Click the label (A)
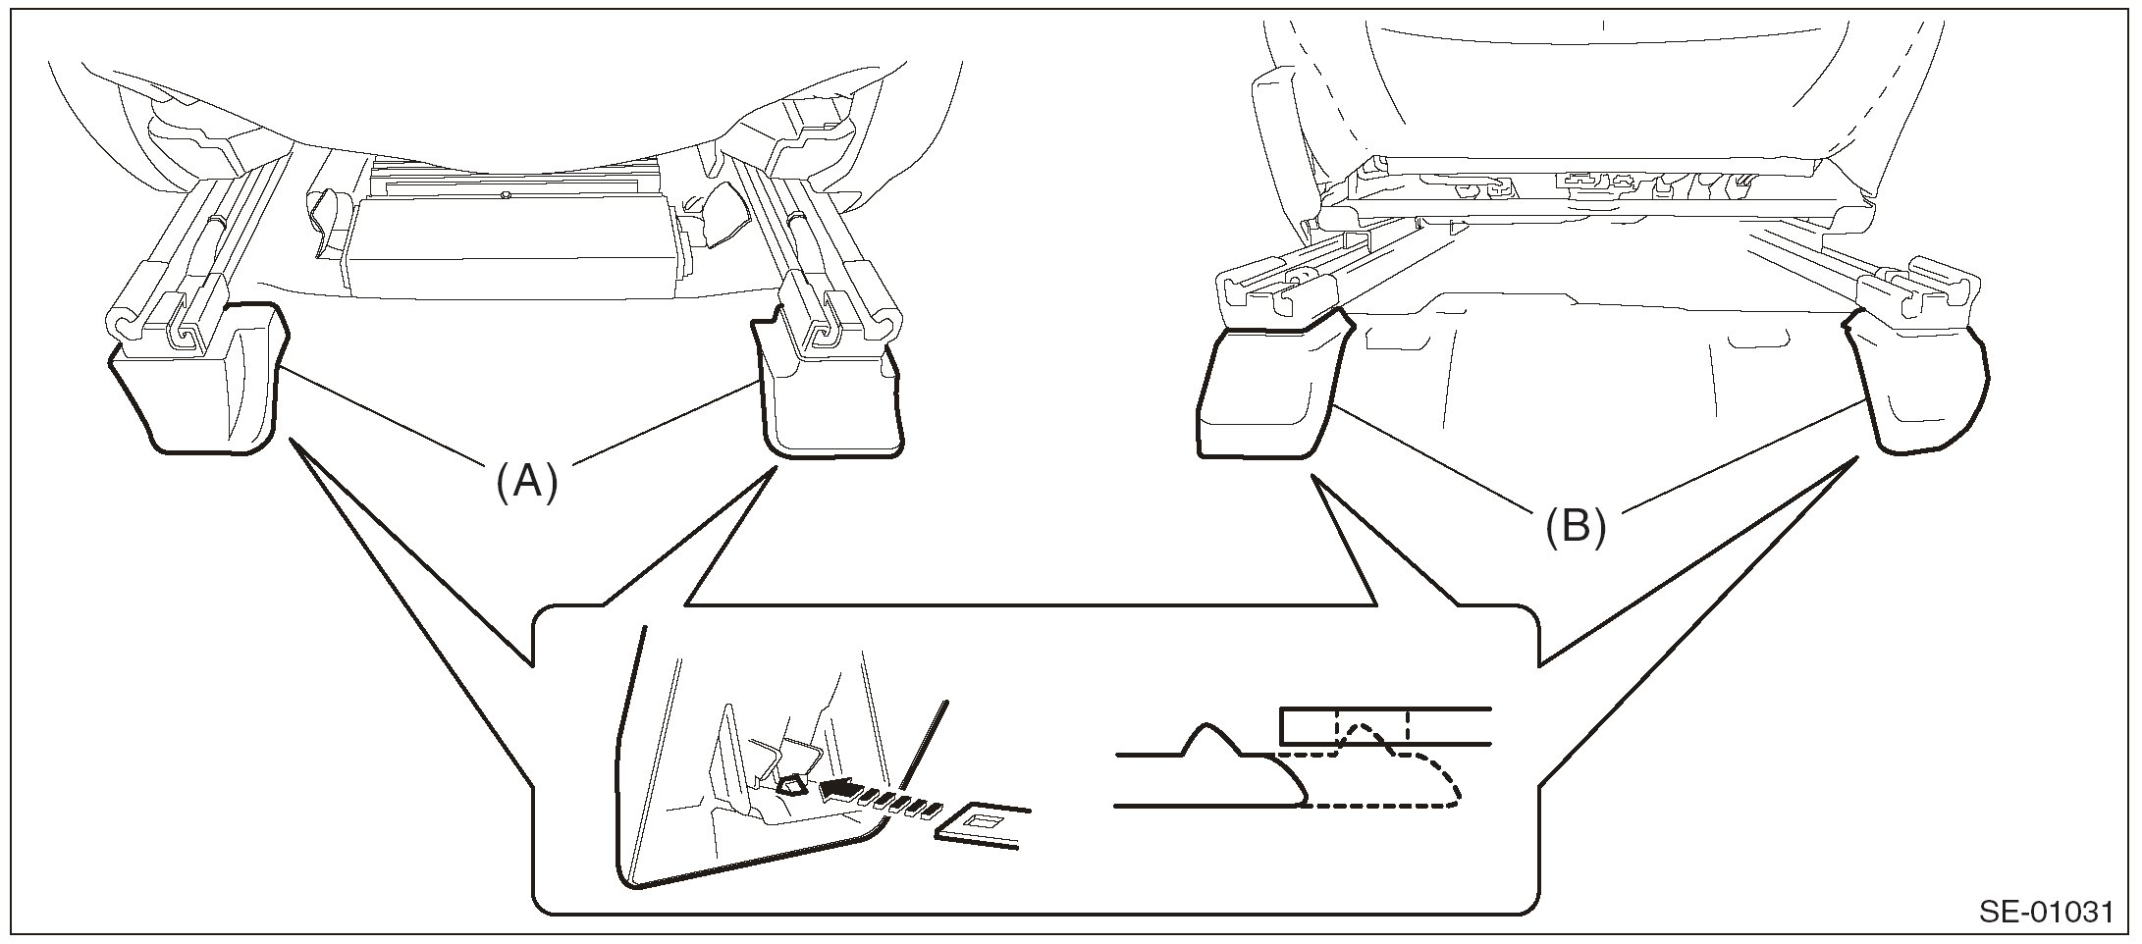click(x=527, y=483)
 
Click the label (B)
click(x=1576, y=527)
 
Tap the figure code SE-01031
click(x=2045, y=913)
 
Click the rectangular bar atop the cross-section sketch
click(x=1384, y=725)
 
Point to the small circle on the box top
click(x=505, y=195)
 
